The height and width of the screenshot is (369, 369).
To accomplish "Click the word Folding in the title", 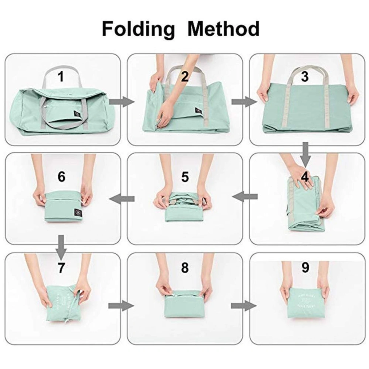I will [138, 29].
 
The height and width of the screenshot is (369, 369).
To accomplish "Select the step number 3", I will [304, 77].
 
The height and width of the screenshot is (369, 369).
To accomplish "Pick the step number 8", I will [184, 268].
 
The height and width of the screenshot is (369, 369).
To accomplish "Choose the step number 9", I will [305, 268].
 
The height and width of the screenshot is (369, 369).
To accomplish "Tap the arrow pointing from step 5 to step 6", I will [122, 199].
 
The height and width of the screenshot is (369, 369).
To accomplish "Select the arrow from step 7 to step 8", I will [121, 306].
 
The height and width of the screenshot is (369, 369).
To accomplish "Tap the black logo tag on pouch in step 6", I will [77, 213].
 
